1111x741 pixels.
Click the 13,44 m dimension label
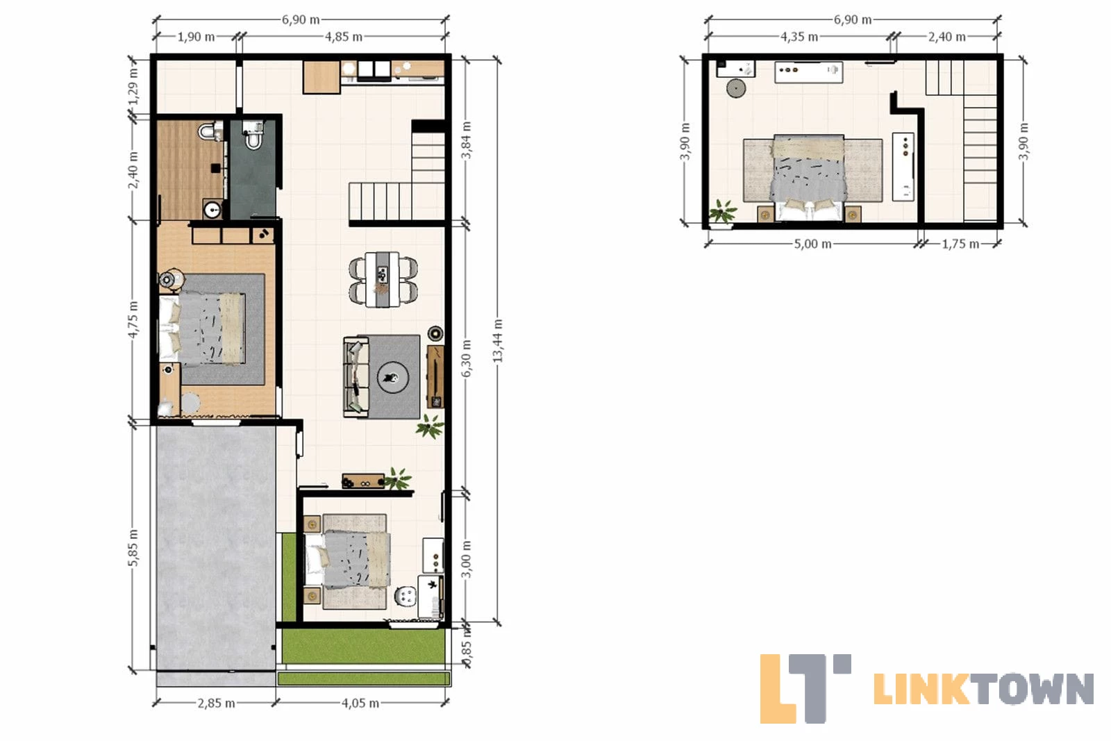coord(498,340)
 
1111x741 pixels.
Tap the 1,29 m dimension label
coord(133,87)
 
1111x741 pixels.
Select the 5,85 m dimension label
coord(133,547)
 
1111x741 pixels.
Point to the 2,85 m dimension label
coord(216,703)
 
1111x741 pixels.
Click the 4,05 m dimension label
coord(360,703)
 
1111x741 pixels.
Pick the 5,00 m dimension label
coord(812,244)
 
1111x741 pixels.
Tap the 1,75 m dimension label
coord(960,244)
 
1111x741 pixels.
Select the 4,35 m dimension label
coord(799,37)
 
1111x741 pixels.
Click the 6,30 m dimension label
coord(466,358)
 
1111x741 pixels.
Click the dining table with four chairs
coord(383,280)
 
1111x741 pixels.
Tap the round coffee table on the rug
coord(393,378)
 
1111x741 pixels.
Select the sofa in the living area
coord(357,377)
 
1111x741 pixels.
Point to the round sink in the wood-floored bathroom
coord(213,210)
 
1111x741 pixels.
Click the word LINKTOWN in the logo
coord(983,689)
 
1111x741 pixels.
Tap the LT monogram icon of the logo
coord(805,688)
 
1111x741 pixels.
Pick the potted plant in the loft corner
coord(722,213)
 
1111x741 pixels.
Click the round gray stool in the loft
coord(736,88)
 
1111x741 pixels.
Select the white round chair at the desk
coord(406,596)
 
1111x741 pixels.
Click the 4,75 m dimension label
coord(133,319)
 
